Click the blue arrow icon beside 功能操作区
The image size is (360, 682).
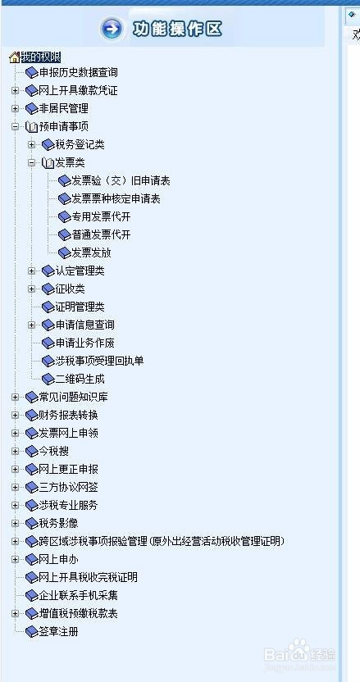[x=112, y=29]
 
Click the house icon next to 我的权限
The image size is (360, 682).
[x=15, y=57]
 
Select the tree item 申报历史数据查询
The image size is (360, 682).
[x=79, y=72]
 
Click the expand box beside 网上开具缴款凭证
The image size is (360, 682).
[x=16, y=90]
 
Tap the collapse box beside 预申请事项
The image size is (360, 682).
[x=16, y=126]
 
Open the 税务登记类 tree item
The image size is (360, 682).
[x=80, y=144]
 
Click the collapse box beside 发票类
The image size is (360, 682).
[x=31, y=162]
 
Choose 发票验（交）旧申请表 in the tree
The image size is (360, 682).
[x=121, y=180]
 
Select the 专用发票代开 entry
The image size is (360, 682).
[x=101, y=216]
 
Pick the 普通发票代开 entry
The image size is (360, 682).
[x=101, y=235]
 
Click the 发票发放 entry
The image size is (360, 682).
[x=91, y=252]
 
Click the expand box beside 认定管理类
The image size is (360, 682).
[x=31, y=271]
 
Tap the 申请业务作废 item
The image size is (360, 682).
[x=85, y=343]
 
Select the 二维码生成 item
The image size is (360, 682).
[x=80, y=379]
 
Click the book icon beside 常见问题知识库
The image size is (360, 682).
[x=32, y=397]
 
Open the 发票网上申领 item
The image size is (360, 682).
[x=69, y=433]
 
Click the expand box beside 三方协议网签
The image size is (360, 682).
[x=16, y=487]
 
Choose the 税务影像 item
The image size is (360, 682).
[x=59, y=523]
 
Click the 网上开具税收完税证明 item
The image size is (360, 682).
[x=89, y=577]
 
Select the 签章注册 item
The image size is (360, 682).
[x=59, y=631]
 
